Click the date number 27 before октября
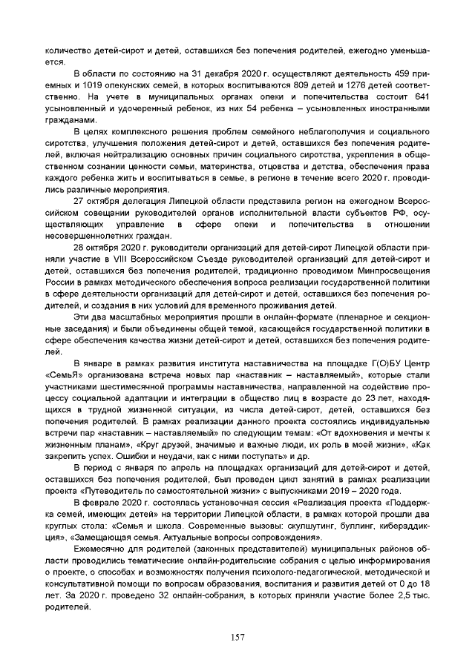(x=80, y=201)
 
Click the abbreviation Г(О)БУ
(x=377, y=363)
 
